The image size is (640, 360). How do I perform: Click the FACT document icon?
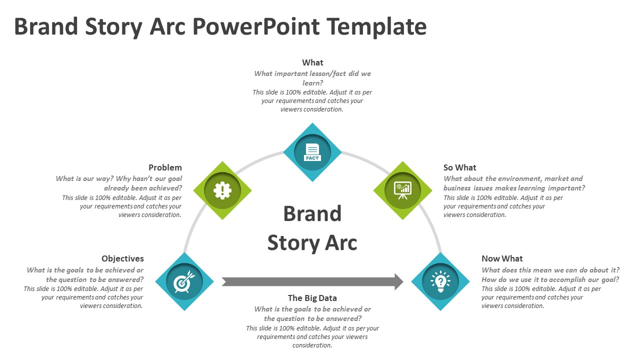click(312, 152)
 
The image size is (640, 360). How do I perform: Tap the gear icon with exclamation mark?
click(222, 190)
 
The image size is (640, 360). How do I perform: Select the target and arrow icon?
click(184, 281)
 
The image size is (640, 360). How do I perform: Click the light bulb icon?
click(440, 281)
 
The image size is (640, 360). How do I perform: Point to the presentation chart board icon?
click(402, 190)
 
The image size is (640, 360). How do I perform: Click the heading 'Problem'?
click(165, 167)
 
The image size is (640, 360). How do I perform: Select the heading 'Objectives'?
click(122, 258)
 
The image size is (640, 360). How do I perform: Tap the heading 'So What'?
click(459, 167)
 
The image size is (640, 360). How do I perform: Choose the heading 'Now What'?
click(502, 258)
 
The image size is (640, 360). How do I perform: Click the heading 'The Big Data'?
click(312, 298)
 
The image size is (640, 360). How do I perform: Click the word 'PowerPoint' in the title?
click(256, 26)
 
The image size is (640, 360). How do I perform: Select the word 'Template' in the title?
click(376, 27)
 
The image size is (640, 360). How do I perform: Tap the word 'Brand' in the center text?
click(312, 213)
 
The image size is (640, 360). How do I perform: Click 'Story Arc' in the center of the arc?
click(312, 243)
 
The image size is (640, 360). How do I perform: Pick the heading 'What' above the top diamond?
click(312, 62)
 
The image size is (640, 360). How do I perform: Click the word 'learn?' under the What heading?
click(312, 83)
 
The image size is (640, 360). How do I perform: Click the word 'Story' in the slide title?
click(113, 27)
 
